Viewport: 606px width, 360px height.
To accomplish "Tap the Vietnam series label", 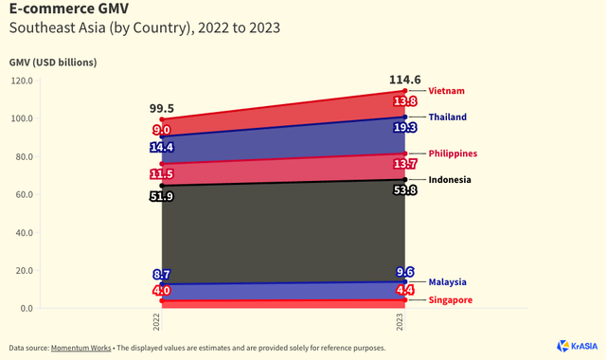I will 447,91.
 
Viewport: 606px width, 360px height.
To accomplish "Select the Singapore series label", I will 453,300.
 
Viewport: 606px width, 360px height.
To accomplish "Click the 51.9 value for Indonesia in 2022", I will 162,196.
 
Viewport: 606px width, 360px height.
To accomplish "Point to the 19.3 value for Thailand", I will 405,127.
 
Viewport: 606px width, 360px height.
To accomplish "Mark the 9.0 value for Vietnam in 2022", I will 162,130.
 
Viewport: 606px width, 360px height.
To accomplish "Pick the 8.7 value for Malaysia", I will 162,274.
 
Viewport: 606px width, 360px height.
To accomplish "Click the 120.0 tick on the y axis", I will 21,81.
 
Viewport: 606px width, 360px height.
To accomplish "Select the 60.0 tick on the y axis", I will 23,194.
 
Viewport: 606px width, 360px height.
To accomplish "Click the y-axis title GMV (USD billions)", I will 53,63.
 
